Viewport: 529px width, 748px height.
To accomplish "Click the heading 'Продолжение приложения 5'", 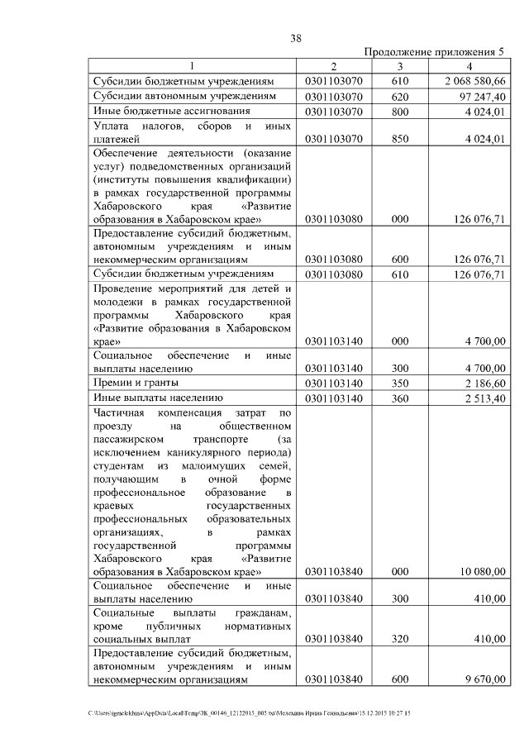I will click(434, 52).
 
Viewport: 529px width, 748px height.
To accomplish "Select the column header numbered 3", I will click(399, 66).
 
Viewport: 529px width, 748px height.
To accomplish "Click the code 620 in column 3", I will click(400, 96).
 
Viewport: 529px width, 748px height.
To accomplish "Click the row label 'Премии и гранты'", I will click(136, 384).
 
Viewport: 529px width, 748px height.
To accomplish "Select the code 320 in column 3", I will click(400, 639).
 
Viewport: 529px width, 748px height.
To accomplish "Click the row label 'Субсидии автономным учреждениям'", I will click(183, 96).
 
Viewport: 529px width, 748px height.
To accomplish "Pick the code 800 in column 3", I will click(400, 111).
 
